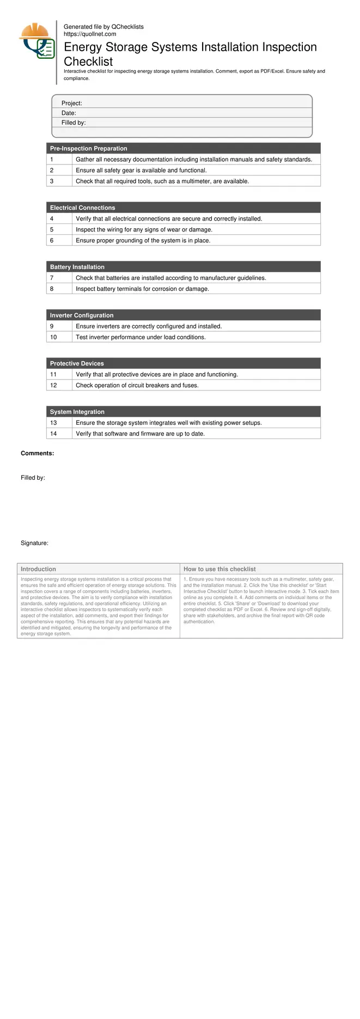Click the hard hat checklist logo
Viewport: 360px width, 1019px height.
pyautogui.click(x=37, y=41)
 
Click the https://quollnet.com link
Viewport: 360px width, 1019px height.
pyautogui.click(x=90, y=34)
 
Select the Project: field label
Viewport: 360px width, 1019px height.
pyautogui.click(x=71, y=103)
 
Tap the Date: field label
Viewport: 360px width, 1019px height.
pyautogui.click(x=69, y=113)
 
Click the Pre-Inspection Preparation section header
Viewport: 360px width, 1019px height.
pyautogui.click(x=89, y=148)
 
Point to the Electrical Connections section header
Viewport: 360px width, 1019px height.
pyautogui.click(x=83, y=208)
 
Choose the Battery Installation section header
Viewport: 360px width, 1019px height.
pyautogui.click(x=77, y=267)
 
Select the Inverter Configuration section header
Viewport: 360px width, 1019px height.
pyautogui.click(x=82, y=315)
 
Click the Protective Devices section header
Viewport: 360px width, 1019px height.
pyautogui.click(x=77, y=363)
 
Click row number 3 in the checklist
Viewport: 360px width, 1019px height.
pyautogui.click(x=52, y=181)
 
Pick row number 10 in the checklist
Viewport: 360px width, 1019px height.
pyautogui.click(x=53, y=337)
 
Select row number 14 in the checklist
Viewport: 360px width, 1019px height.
pyautogui.click(x=53, y=434)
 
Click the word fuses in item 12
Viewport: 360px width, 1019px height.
pyautogui.click(x=190, y=385)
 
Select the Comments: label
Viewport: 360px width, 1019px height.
pyautogui.click(x=37, y=453)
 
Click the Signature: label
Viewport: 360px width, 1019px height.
pyautogui.click(x=34, y=543)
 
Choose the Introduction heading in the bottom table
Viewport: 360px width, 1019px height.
pyautogui.click(x=38, y=569)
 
